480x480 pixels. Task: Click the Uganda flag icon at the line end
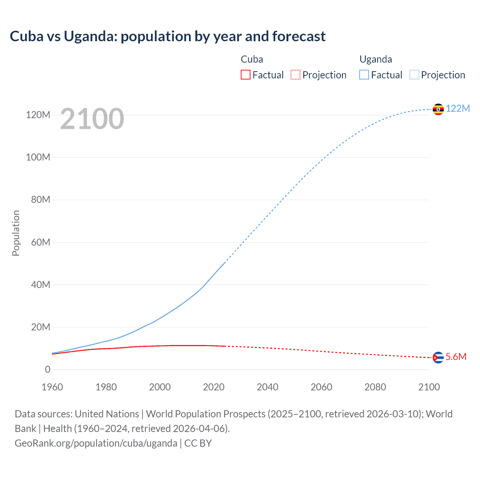(x=438, y=109)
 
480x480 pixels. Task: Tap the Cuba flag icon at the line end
(x=438, y=357)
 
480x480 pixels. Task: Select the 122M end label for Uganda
(x=457, y=108)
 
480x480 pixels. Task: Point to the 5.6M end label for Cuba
(x=456, y=357)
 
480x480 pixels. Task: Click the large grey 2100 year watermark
(x=92, y=119)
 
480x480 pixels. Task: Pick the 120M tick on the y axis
(x=38, y=115)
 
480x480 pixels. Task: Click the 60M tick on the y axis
(x=40, y=242)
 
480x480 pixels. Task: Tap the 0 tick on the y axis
(x=48, y=369)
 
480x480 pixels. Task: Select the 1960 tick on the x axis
(x=52, y=387)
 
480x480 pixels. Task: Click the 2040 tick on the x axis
(x=267, y=387)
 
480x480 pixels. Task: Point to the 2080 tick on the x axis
(x=375, y=387)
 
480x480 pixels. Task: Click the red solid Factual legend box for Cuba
(x=246, y=75)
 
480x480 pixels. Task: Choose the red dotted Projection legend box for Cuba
(x=295, y=75)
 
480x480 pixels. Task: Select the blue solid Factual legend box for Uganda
(x=364, y=75)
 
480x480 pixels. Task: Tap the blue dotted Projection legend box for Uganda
(x=414, y=75)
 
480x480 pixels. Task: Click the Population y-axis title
(x=16, y=233)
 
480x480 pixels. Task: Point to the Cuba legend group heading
(x=252, y=59)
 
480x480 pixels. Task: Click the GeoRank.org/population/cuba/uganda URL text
(x=96, y=443)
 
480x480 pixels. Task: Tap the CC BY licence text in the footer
(x=198, y=443)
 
